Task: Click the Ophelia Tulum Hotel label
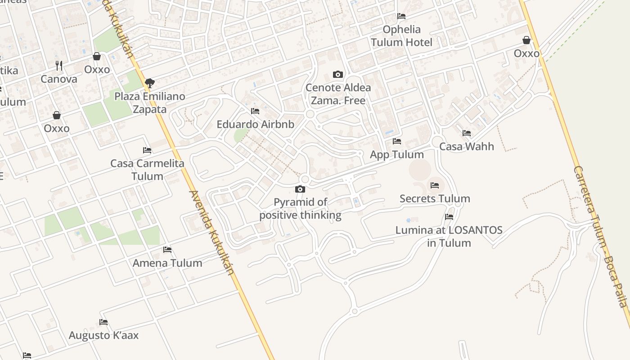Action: pyautogui.click(x=401, y=36)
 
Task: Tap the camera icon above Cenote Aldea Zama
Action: pyautogui.click(x=337, y=74)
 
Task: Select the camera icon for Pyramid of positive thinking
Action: pyautogui.click(x=300, y=189)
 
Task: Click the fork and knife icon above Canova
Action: pyautogui.click(x=59, y=66)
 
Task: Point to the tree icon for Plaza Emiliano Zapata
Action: pyautogui.click(x=150, y=83)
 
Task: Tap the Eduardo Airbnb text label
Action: pyautogui.click(x=255, y=125)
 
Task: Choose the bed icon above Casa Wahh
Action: pyautogui.click(x=467, y=133)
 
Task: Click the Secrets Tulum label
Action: pyautogui.click(x=435, y=198)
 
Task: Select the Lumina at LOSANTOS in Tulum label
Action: pyautogui.click(x=449, y=237)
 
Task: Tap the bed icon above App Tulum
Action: pyautogui.click(x=396, y=141)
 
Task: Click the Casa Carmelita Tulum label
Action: pyautogui.click(x=148, y=170)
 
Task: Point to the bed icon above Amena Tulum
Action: pyautogui.click(x=167, y=250)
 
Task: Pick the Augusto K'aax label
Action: pyautogui.click(x=103, y=335)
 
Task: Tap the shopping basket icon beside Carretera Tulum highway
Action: pyautogui.click(x=526, y=40)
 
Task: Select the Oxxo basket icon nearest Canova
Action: pyautogui.click(x=97, y=56)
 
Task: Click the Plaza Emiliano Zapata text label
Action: pyautogui.click(x=149, y=103)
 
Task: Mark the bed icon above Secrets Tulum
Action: pyautogui.click(x=434, y=185)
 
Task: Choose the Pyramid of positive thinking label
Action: pyautogui.click(x=300, y=209)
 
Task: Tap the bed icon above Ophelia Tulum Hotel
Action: pyautogui.click(x=401, y=16)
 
